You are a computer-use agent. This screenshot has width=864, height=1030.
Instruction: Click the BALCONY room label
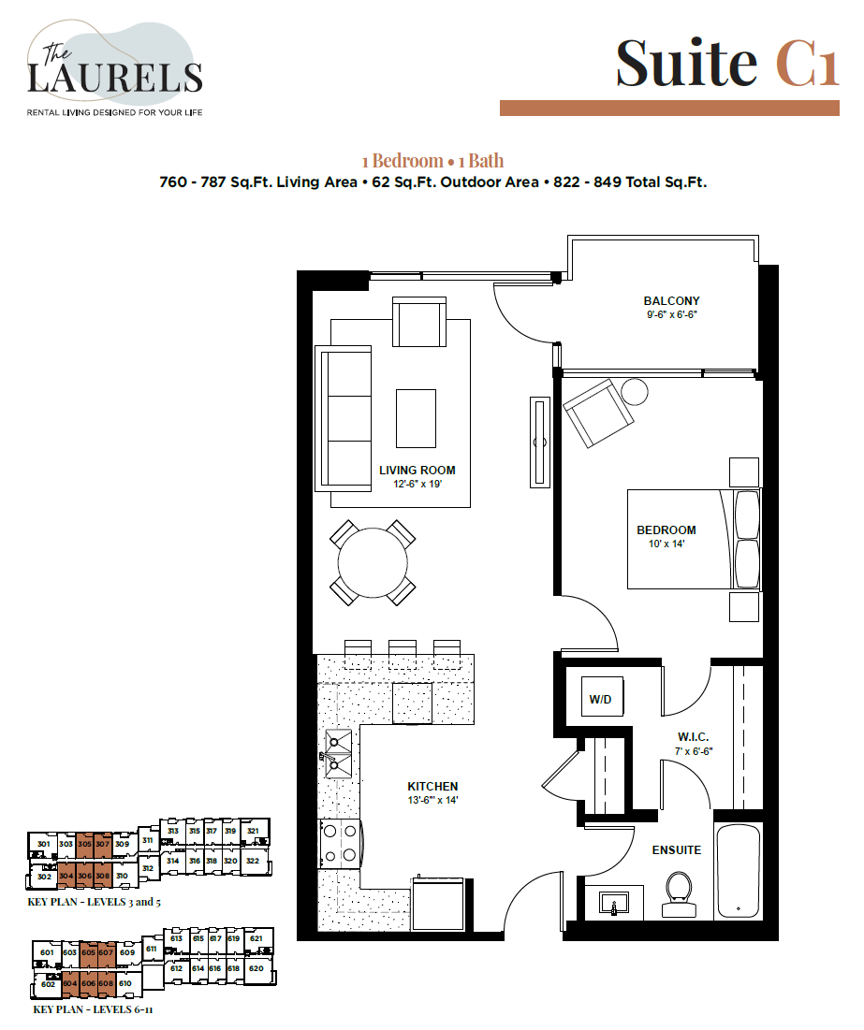pos(671,300)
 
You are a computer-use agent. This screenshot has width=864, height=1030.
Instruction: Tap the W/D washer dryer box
pos(598,699)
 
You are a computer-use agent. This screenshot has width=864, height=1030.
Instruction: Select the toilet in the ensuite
pos(677,893)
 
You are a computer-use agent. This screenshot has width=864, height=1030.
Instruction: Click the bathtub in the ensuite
pos(740,872)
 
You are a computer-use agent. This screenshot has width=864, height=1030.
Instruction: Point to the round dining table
pos(373,563)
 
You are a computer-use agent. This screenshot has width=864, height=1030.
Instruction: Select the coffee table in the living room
pos(416,418)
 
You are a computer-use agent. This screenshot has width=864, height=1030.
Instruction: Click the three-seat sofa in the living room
pos(344,417)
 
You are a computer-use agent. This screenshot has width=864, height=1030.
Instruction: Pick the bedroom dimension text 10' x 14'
pos(666,544)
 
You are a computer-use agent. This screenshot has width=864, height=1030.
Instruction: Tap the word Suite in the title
pos(686,63)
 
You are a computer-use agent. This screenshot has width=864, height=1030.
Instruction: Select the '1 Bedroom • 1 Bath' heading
pos(432,161)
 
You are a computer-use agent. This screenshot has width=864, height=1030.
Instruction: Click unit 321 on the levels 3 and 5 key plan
pos(253,831)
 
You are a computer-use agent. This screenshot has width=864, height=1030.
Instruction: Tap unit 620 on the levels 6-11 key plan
pos(256,968)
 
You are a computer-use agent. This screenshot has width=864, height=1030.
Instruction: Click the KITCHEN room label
pos(432,786)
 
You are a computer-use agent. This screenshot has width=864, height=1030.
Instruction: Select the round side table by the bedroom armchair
pos(636,390)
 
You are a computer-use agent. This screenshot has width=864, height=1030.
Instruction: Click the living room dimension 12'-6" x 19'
pos(417,484)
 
